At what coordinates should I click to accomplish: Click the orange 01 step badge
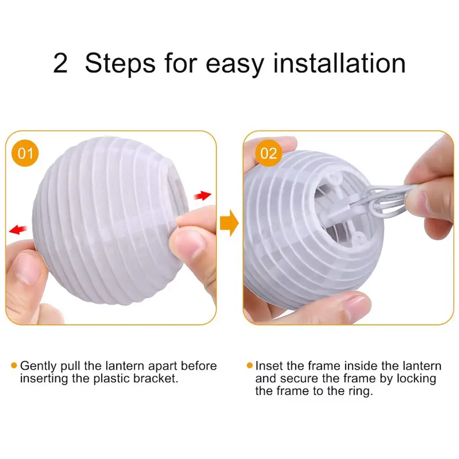25,153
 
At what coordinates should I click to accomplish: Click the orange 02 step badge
268,153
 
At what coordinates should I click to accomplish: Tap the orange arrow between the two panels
229,223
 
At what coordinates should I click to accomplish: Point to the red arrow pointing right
203,195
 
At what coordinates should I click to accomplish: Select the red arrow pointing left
18,229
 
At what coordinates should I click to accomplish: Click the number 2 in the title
61,64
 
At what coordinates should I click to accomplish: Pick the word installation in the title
339,63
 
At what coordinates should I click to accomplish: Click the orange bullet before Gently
14,365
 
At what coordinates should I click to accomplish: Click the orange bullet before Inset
250,365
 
